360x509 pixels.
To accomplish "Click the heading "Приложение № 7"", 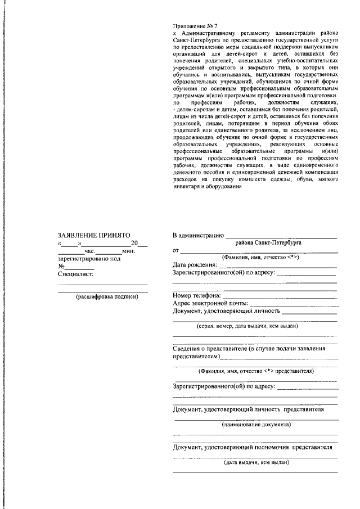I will tap(195, 26).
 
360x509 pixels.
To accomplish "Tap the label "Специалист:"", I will tap(75, 274).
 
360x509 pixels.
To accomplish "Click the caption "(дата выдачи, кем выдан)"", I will tap(256, 462).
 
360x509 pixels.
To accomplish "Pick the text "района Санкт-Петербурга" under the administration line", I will tap(268, 242).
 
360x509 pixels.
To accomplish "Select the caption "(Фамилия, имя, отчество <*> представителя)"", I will tap(256, 371).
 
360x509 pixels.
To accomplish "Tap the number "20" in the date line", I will tap(134, 243).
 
